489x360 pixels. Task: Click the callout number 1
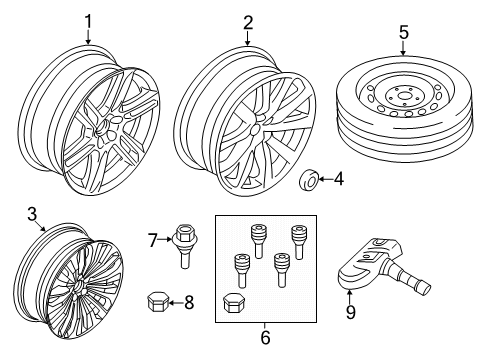pos(88,22)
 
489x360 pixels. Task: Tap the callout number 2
pos(248,23)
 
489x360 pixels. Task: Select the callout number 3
pos(32,214)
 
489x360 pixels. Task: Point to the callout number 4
pos(338,179)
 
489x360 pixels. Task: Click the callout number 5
pos(404,32)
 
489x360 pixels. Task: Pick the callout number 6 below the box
pos(265,337)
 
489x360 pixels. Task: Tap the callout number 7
pos(152,240)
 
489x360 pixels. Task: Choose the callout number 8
pos(189,303)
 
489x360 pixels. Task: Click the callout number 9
pos(351,312)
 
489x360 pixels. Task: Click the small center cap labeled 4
pos(309,181)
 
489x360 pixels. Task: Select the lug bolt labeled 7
pos(184,246)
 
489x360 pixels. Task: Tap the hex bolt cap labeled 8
pos(157,301)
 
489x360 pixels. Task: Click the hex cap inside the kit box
pos(233,303)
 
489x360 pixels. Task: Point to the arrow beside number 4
pos(326,179)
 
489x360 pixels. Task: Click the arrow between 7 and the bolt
pos(165,239)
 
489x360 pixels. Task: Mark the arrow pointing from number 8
pos(176,303)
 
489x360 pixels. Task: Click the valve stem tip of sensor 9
pos(425,287)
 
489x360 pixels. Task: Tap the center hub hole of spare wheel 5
pos(404,97)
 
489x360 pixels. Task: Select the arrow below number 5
pos(403,48)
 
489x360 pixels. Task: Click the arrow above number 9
pos(349,297)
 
